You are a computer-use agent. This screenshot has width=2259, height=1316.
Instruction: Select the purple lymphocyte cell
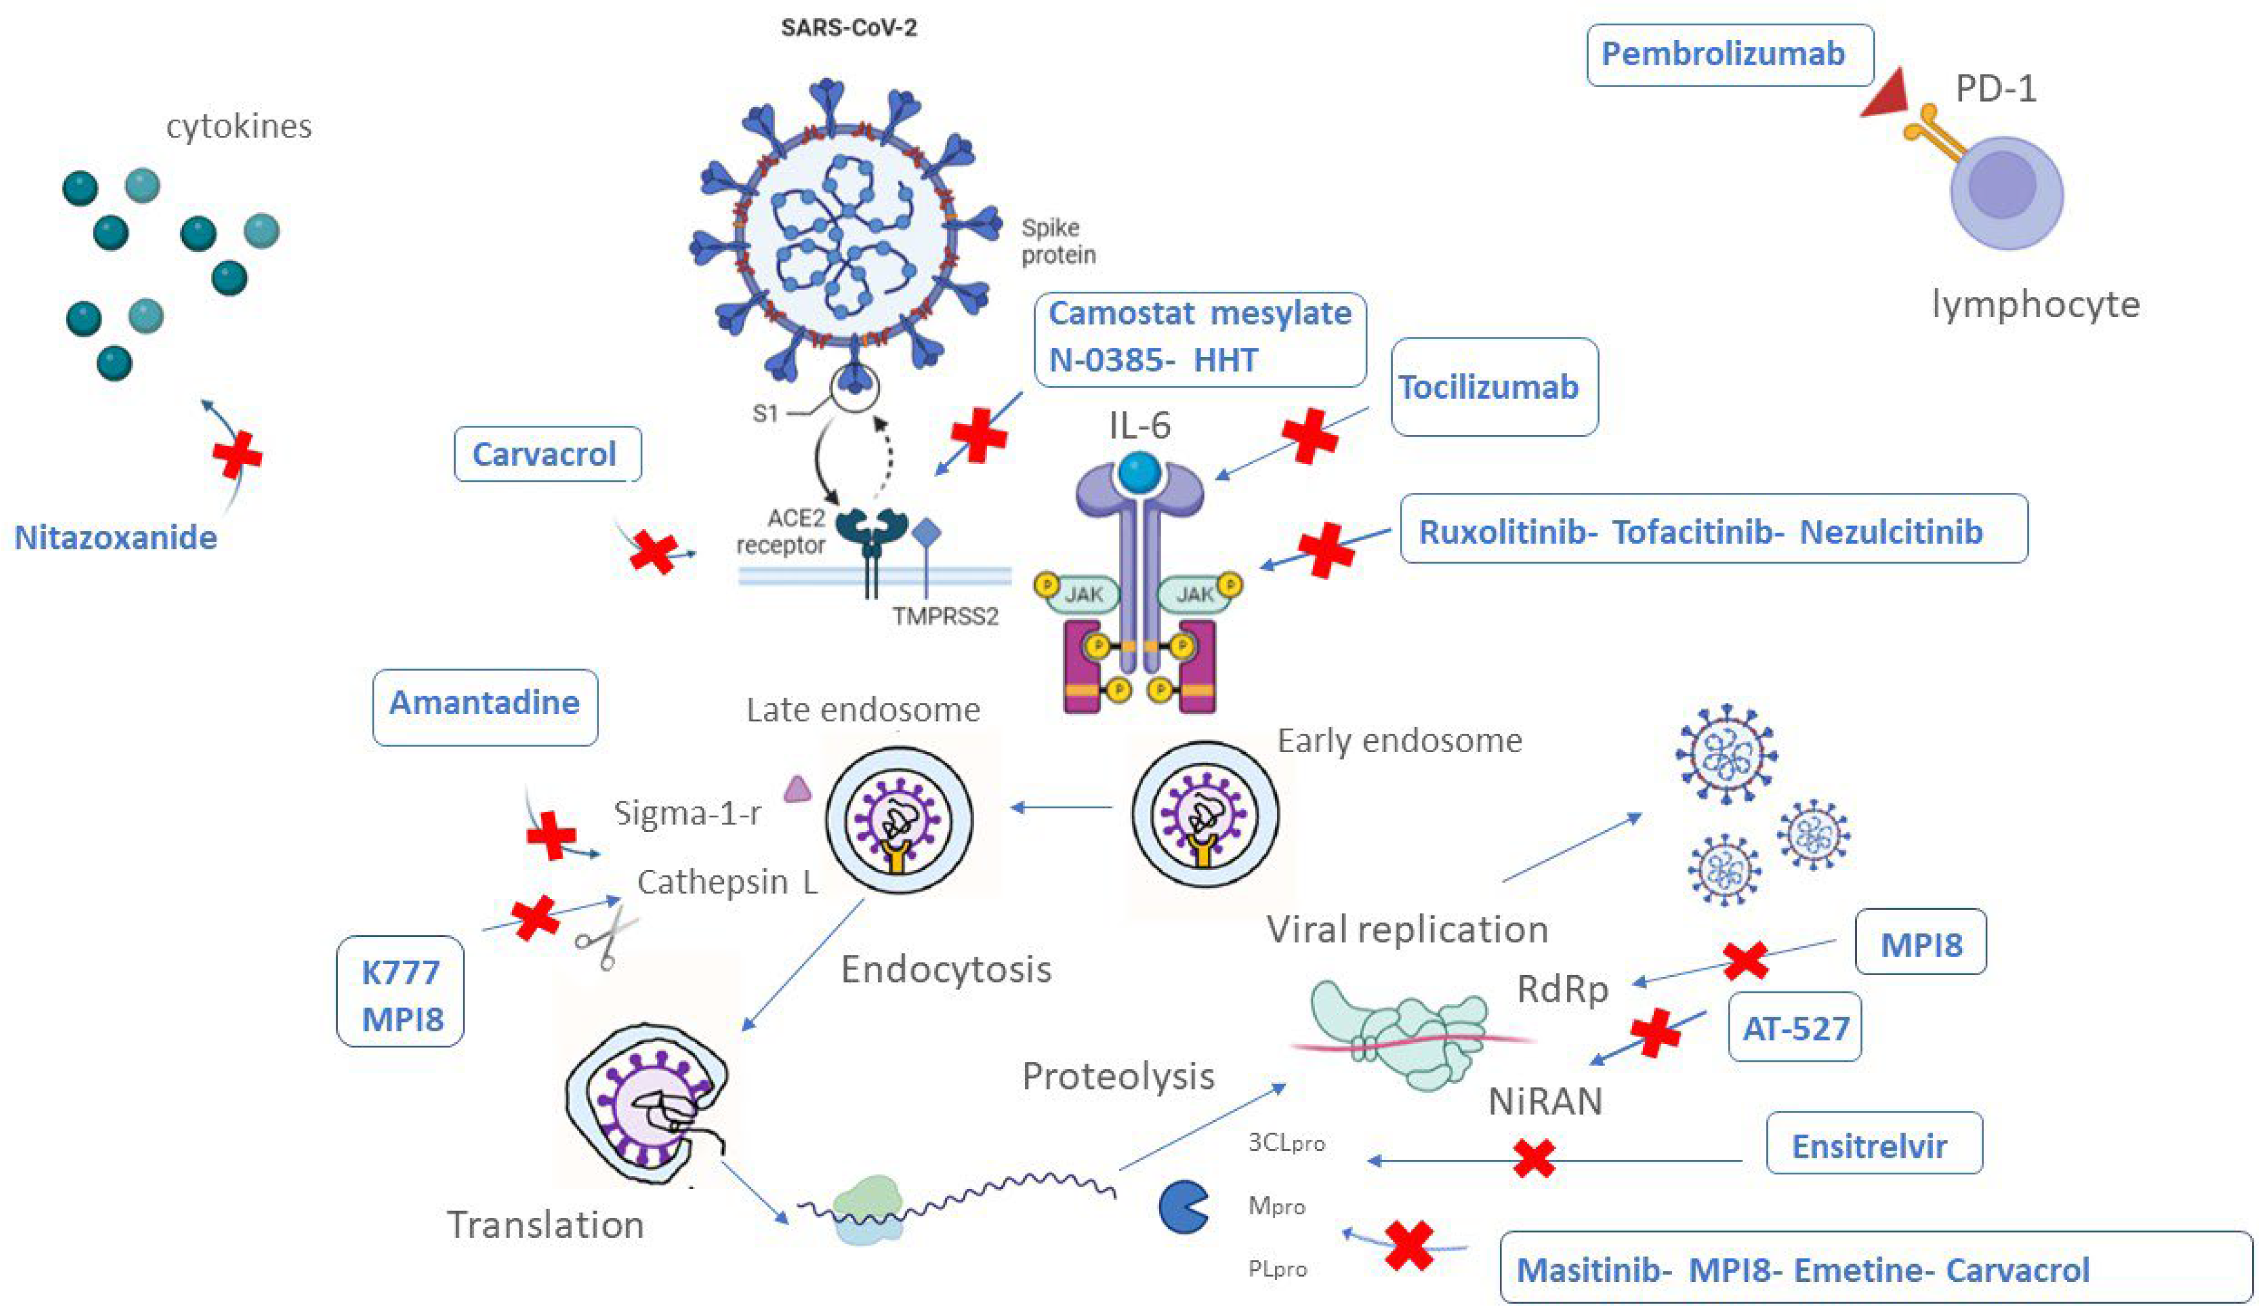click(x=2006, y=193)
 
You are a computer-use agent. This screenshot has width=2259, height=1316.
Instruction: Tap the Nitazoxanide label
click(x=116, y=537)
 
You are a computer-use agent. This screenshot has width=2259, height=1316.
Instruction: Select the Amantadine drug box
click(x=484, y=703)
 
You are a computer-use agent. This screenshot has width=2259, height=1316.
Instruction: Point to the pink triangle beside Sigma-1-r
click(x=797, y=790)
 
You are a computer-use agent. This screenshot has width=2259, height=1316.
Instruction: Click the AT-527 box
click(x=1796, y=1027)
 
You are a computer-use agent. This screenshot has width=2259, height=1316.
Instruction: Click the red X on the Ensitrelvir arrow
click(x=1534, y=1158)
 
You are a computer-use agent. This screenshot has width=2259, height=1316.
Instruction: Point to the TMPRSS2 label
click(x=944, y=617)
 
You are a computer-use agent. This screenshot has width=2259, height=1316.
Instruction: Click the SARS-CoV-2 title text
click(x=848, y=28)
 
